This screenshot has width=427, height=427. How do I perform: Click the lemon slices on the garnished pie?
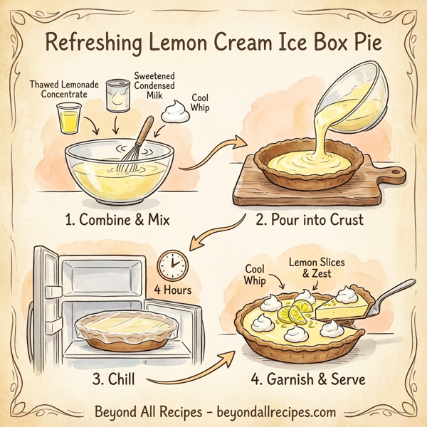click(x=293, y=311)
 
